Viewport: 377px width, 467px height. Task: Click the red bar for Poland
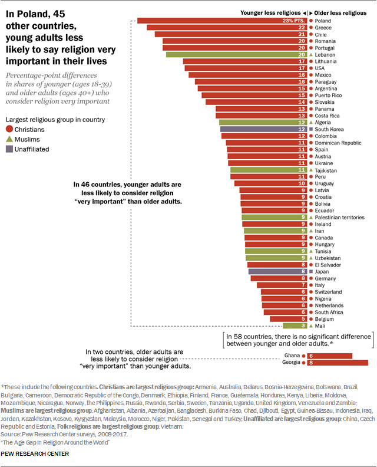[221, 21]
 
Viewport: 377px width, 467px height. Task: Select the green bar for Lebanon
[236, 54]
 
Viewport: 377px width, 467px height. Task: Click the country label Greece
[323, 27]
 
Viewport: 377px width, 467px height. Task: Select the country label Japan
[322, 271]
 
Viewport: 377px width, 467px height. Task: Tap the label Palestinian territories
[340, 218]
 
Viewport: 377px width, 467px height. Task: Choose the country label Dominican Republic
[338, 143]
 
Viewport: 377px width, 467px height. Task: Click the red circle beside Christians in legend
[9, 129]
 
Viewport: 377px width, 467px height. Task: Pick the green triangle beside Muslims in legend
[9, 139]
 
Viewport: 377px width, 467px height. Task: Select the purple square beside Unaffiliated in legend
[9, 149]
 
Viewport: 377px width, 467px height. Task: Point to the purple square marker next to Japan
[310, 271]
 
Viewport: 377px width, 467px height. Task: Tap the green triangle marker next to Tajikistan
[310, 170]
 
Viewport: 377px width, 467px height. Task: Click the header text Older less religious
[341, 12]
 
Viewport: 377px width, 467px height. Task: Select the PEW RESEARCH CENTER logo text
[36, 453]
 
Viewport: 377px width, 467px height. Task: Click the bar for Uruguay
[270, 183]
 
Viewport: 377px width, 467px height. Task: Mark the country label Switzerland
[329, 292]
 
